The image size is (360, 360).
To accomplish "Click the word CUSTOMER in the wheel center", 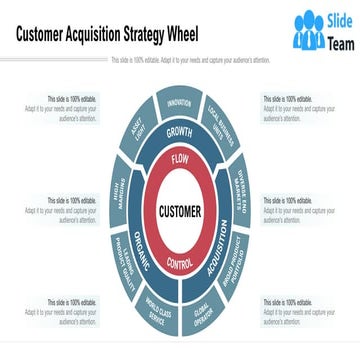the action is click(180, 211).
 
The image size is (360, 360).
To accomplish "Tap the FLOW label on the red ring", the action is click(180, 159).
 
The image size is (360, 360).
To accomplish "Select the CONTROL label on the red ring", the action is click(180, 263).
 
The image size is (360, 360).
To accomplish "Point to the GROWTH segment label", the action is click(180, 132).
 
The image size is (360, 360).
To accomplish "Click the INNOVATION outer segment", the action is click(180, 102).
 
